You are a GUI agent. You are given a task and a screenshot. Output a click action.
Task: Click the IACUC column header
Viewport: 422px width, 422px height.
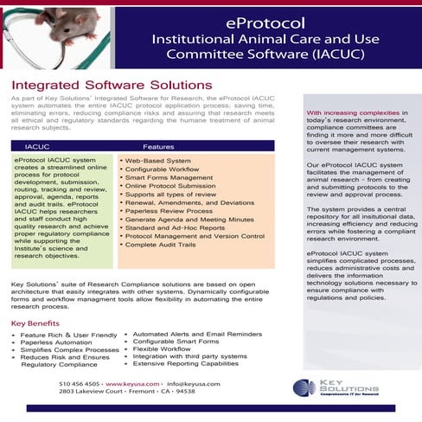[x=38, y=147]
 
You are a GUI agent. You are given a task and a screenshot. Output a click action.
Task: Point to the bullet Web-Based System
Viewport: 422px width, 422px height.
[x=157, y=161]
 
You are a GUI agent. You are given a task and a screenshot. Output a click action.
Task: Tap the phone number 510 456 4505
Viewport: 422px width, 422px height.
[x=80, y=382]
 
